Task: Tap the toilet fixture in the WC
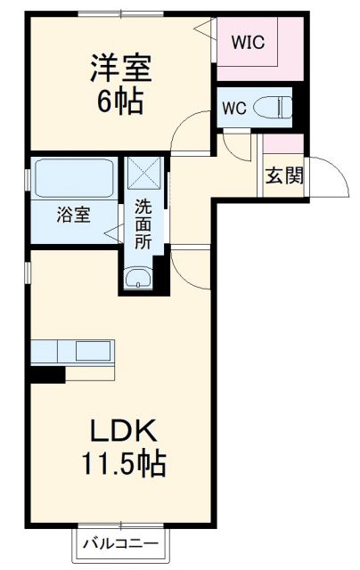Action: (x=274, y=108)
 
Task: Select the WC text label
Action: (x=233, y=109)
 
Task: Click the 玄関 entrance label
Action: (x=283, y=174)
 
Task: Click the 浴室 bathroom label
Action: (x=74, y=215)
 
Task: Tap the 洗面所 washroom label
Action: (x=143, y=226)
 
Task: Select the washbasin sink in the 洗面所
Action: (x=138, y=280)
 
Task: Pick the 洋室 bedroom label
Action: (x=118, y=69)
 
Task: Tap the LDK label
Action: (x=124, y=433)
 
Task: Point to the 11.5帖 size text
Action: (x=123, y=464)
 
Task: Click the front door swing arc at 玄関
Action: (x=331, y=178)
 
